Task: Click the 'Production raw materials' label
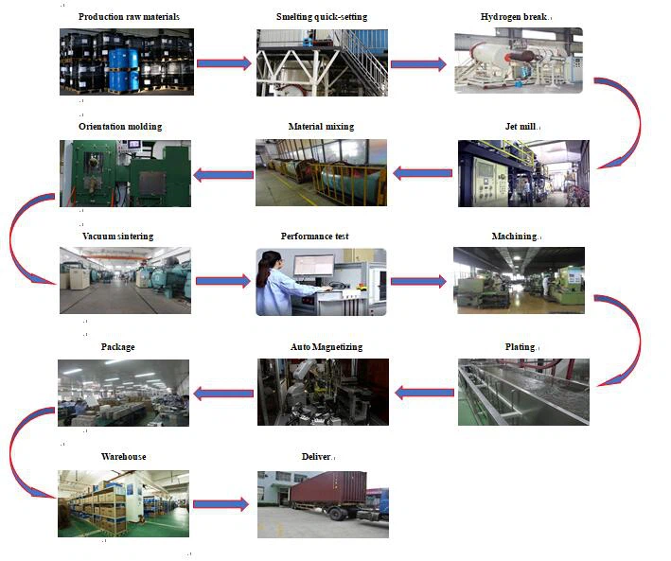[129, 17]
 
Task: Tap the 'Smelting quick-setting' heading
[322, 17]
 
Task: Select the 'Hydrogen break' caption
[515, 17]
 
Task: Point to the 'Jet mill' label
[521, 127]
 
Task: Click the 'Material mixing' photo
[321, 173]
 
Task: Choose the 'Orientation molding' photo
[125, 173]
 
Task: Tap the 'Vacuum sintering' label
[117, 236]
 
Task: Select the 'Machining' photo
[518, 280]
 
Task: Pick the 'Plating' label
[520, 347]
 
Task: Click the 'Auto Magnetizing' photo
[323, 391]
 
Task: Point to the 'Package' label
[117, 347]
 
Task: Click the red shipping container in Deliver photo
[327, 492]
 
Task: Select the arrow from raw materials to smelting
[224, 62]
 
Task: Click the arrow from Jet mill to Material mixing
[423, 173]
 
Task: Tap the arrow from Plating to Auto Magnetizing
[424, 392]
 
